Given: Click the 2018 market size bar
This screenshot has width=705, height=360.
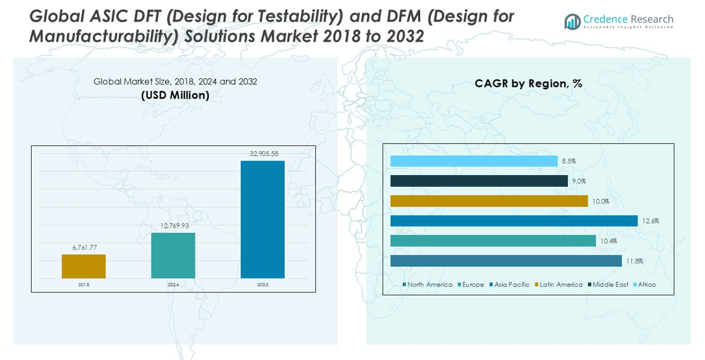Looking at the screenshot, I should point(83,266).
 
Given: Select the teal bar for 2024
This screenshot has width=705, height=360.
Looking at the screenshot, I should point(173,255).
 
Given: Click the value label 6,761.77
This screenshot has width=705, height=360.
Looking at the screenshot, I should point(85,247).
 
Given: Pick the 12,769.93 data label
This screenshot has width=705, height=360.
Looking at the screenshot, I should point(173,226).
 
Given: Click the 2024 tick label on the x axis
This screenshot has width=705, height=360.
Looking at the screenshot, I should point(173,285).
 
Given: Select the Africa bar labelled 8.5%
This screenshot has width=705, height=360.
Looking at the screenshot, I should point(474,161).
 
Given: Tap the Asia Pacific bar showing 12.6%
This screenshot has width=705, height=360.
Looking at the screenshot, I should point(514,221).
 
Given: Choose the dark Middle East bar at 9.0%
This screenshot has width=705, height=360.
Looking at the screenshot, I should point(478,181).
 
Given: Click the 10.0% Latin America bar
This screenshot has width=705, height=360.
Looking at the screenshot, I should point(489,201).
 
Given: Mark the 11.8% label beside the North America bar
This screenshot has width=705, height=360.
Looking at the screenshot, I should point(634,261).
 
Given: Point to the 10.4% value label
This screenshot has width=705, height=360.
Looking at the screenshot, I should point(608,241).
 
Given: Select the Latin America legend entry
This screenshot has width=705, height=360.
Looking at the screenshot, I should point(559,285).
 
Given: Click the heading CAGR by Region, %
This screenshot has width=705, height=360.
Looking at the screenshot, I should point(528,84).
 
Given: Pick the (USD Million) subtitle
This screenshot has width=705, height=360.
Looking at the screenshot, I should point(175,96).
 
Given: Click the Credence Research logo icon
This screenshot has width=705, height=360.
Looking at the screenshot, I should point(572,22).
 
